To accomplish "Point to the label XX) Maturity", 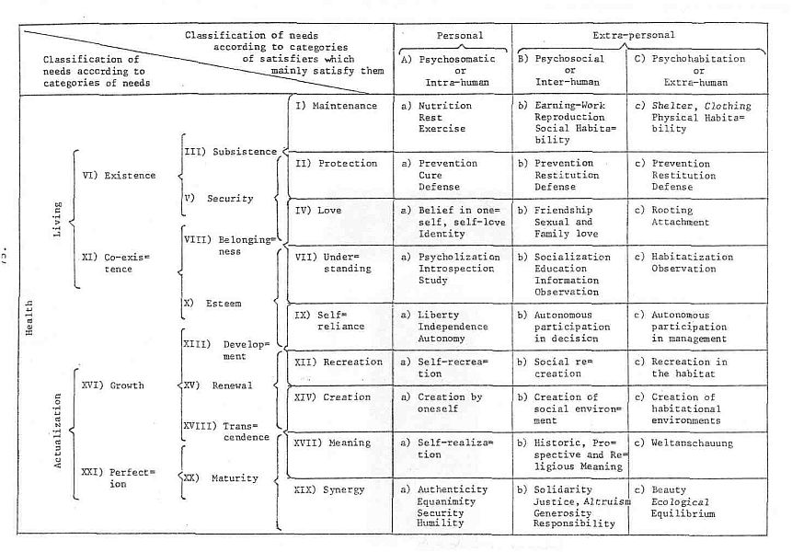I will pyautogui.click(x=224, y=478).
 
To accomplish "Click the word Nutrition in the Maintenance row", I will pyautogui.click(x=445, y=106).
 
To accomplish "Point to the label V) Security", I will pyautogui.click(x=224, y=199).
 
